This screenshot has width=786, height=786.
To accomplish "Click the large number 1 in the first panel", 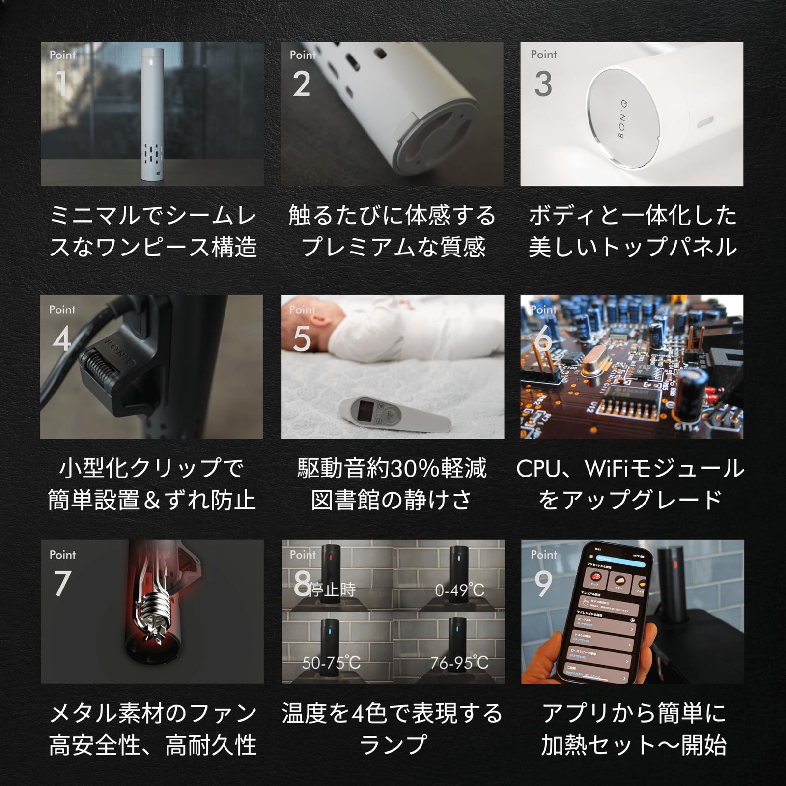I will (62, 84).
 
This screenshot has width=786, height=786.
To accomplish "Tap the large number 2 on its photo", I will (302, 84).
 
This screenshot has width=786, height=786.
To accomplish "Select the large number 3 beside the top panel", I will (543, 84).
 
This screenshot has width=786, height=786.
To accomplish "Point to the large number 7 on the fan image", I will (62, 584).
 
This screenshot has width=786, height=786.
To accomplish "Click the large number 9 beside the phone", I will (543, 584).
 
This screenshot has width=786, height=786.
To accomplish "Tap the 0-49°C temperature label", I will (459, 590).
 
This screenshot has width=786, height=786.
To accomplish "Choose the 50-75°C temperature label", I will (331, 663).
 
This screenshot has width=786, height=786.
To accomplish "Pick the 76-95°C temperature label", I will (459, 663).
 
